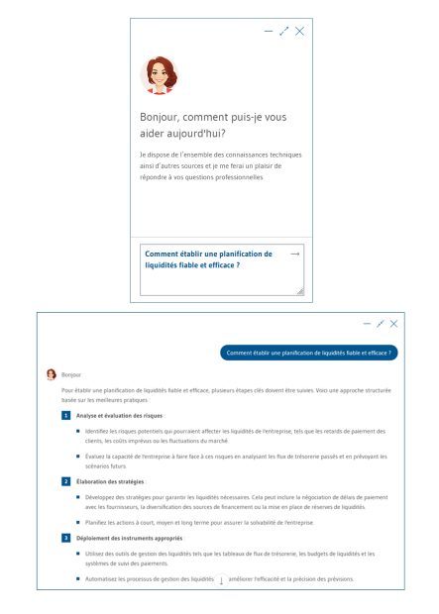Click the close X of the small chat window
[x=300, y=32]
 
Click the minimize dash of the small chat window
[x=269, y=32]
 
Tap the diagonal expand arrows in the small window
[x=284, y=32]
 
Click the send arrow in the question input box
[x=294, y=255]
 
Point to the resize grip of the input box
[x=300, y=291]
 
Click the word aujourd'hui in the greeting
[x=200, y=133]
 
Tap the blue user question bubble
[x=308, y=353]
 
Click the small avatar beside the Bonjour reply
[x=52, y=375]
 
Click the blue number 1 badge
[x=65, y=416]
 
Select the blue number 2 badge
[x=65, y=481]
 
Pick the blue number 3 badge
[x=65, y=538]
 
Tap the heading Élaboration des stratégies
[x=110, y=481]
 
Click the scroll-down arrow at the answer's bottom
[x=221, y=580]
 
